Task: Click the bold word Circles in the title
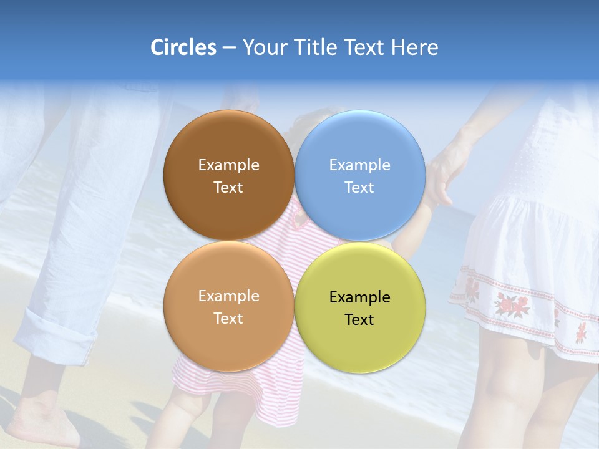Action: point(183,47)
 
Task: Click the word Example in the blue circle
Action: point(359,165)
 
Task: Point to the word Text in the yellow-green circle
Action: point(359,320)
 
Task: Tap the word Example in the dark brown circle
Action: point(228,165)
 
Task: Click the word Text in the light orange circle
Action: point(228,319)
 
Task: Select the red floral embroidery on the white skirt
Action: point(512,304)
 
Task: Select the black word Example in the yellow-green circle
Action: point(359,297)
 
